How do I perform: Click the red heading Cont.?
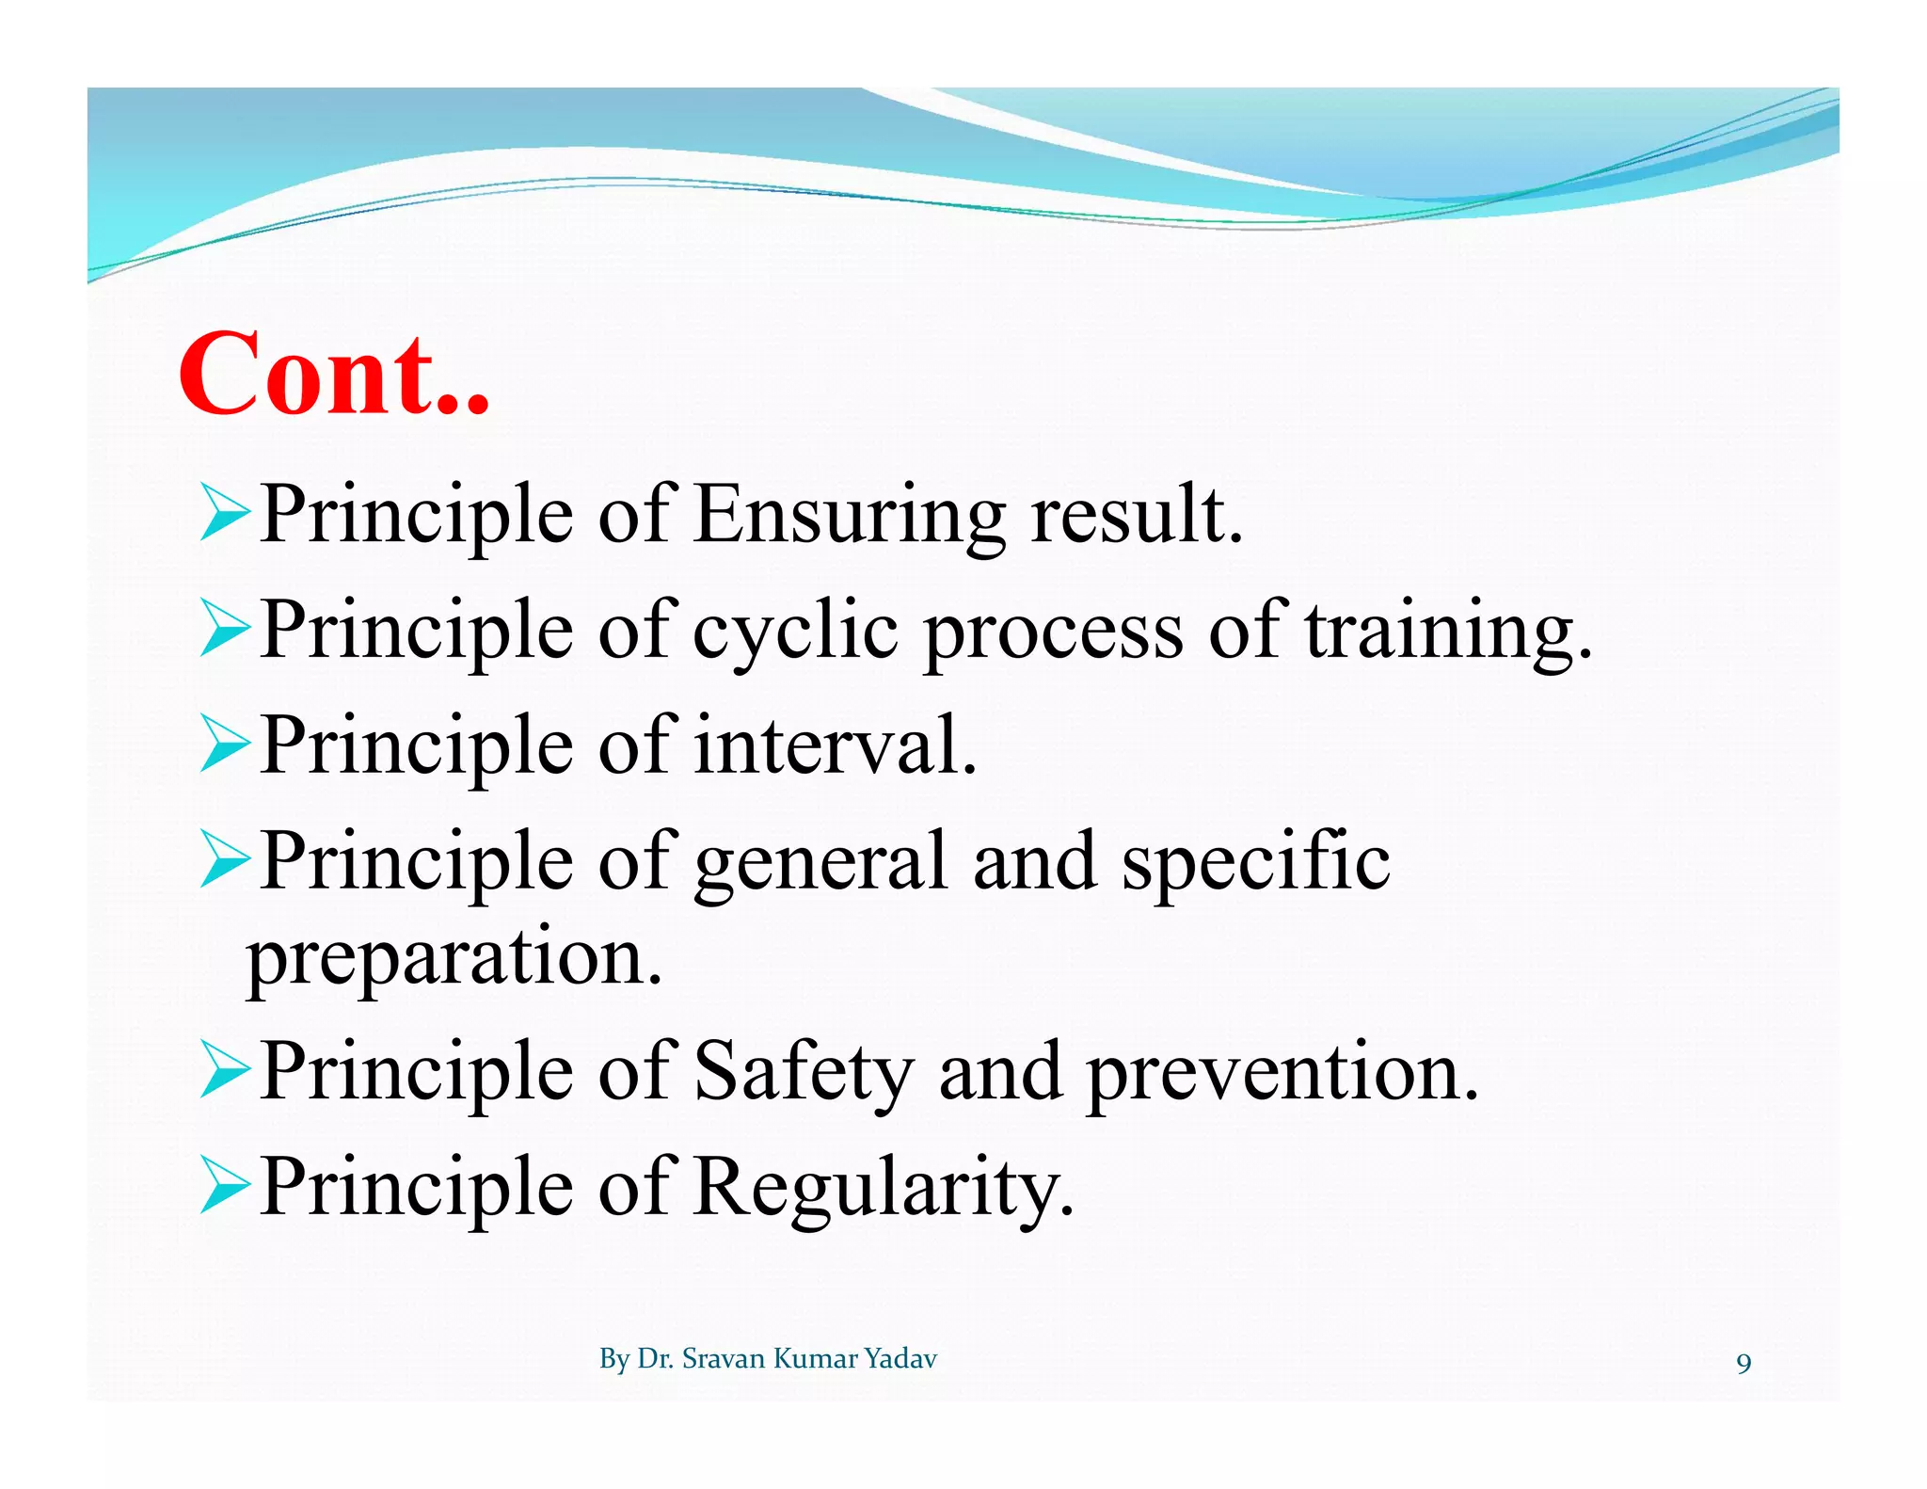334,375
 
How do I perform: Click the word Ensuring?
849,516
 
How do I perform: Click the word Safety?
804,1073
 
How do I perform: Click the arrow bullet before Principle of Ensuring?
224,514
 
